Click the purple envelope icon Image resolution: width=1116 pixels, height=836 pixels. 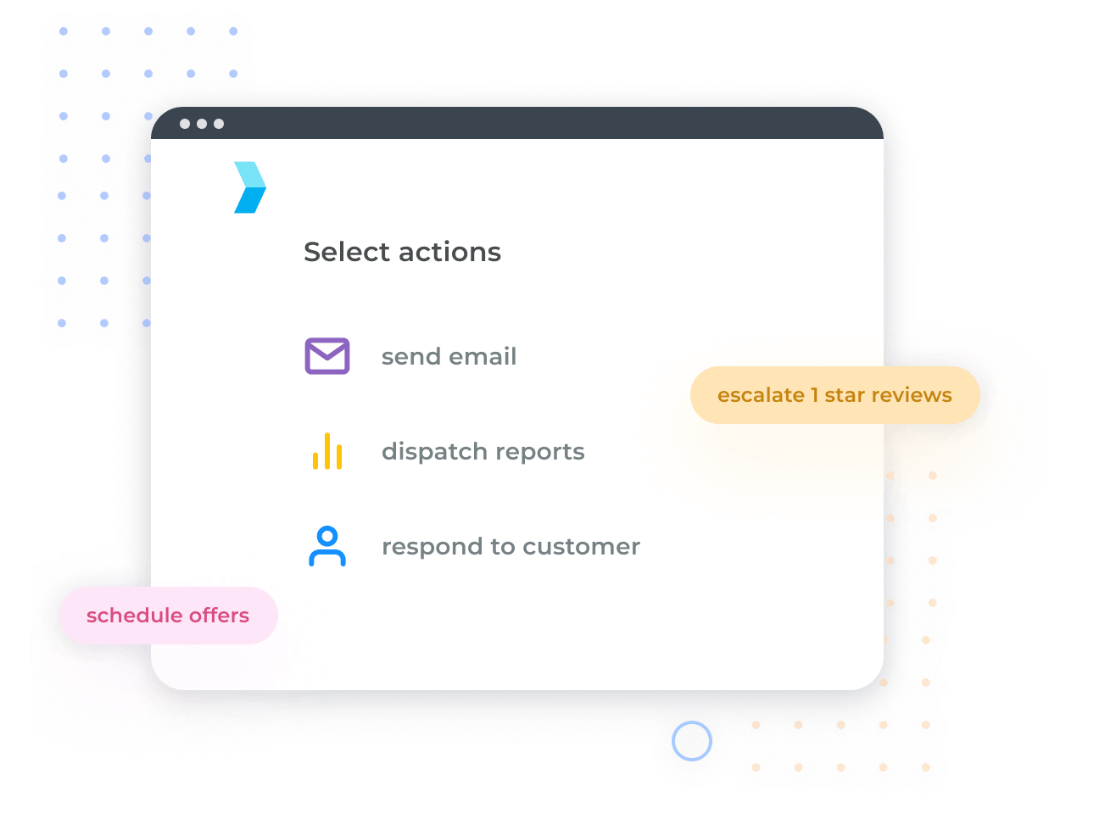point(327,356)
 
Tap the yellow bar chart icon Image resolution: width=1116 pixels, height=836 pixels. point(327,451)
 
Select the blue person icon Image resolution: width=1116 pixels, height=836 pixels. point(327,546)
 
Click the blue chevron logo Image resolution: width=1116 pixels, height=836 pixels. point(249,187)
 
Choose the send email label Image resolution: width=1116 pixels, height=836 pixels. point(449,357)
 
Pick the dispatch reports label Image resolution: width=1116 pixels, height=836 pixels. point(483,452)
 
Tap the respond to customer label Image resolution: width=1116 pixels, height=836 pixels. point(511,547)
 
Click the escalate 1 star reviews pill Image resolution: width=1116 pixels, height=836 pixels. point(834,395)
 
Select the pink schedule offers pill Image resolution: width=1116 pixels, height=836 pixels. point(168,616)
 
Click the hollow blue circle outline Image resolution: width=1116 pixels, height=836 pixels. point(692,741)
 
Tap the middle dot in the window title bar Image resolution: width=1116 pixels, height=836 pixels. point(202,124)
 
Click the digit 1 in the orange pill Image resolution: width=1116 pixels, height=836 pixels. point(815,395)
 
